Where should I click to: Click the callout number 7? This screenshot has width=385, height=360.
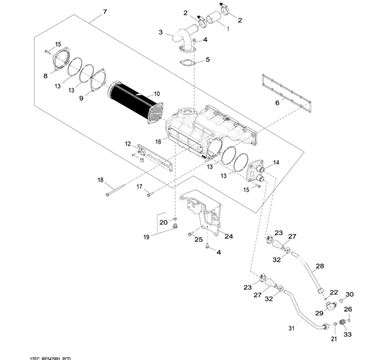[x=105, y=12]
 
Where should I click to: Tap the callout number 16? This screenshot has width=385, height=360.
[x=158, y=141]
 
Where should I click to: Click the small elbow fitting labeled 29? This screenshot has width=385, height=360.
[x=331, y=305]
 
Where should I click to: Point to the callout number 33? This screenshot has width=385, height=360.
[x=347, y=335]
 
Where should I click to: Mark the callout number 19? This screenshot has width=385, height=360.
[x=146, y=237]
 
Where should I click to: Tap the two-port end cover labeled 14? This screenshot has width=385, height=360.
[x=256, y=171]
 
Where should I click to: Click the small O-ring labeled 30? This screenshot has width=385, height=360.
[x=341, y=300]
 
